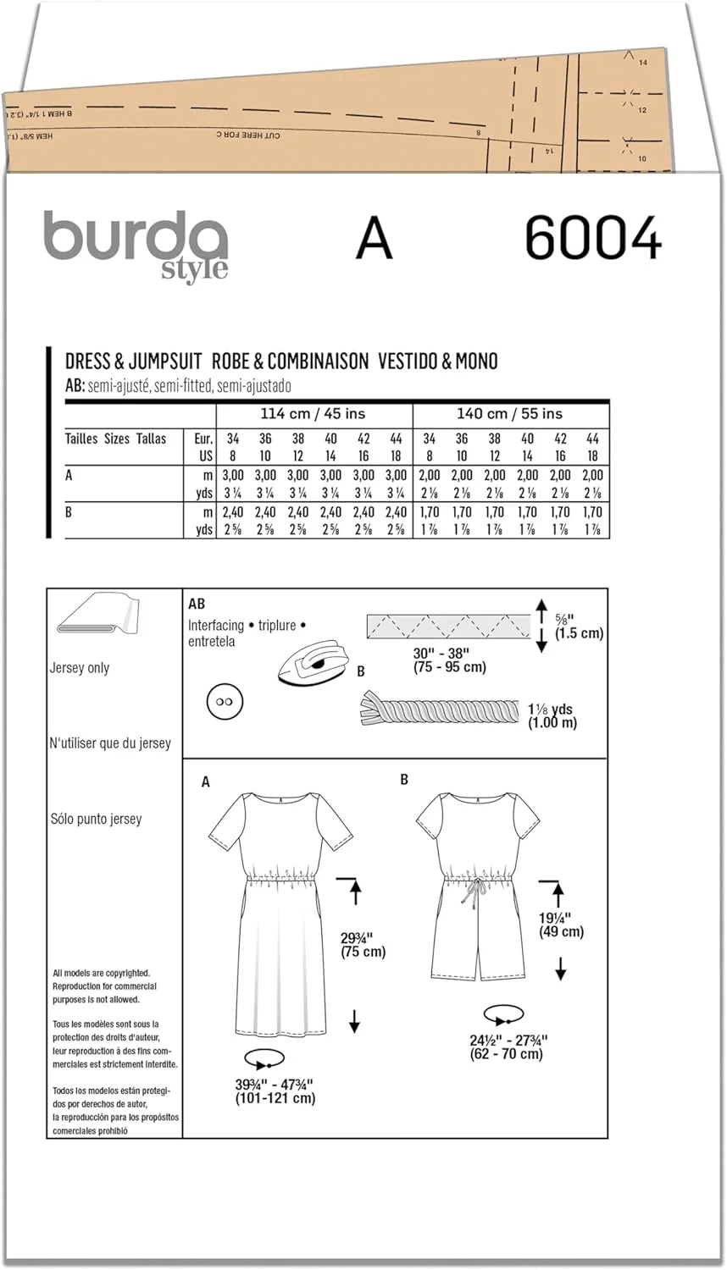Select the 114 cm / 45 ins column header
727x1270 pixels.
(314, 414)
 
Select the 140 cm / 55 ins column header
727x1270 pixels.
(510, 414)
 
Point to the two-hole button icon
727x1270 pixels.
(225, 703)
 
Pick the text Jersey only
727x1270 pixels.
(80, 668)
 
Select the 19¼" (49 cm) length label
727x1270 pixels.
(562, 924)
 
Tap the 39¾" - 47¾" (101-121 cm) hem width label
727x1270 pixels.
(275, 1091)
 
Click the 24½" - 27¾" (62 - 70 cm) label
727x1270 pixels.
(508, 1046)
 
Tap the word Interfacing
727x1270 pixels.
(216, 625)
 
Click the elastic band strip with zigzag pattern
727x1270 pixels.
(447, 628)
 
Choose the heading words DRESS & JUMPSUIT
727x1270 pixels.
(133, 362)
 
